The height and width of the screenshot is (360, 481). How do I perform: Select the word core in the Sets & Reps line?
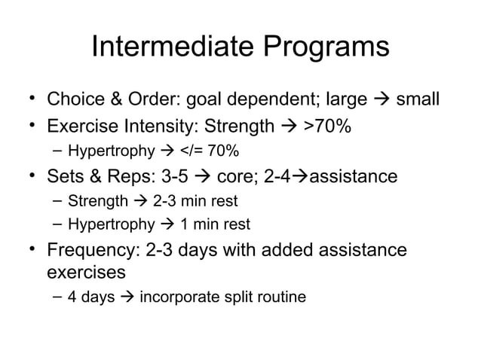(x=240, y=177)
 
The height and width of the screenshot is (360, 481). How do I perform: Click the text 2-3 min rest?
(x=195, y=201)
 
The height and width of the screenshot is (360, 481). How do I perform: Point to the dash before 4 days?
(x=57, y=297)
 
